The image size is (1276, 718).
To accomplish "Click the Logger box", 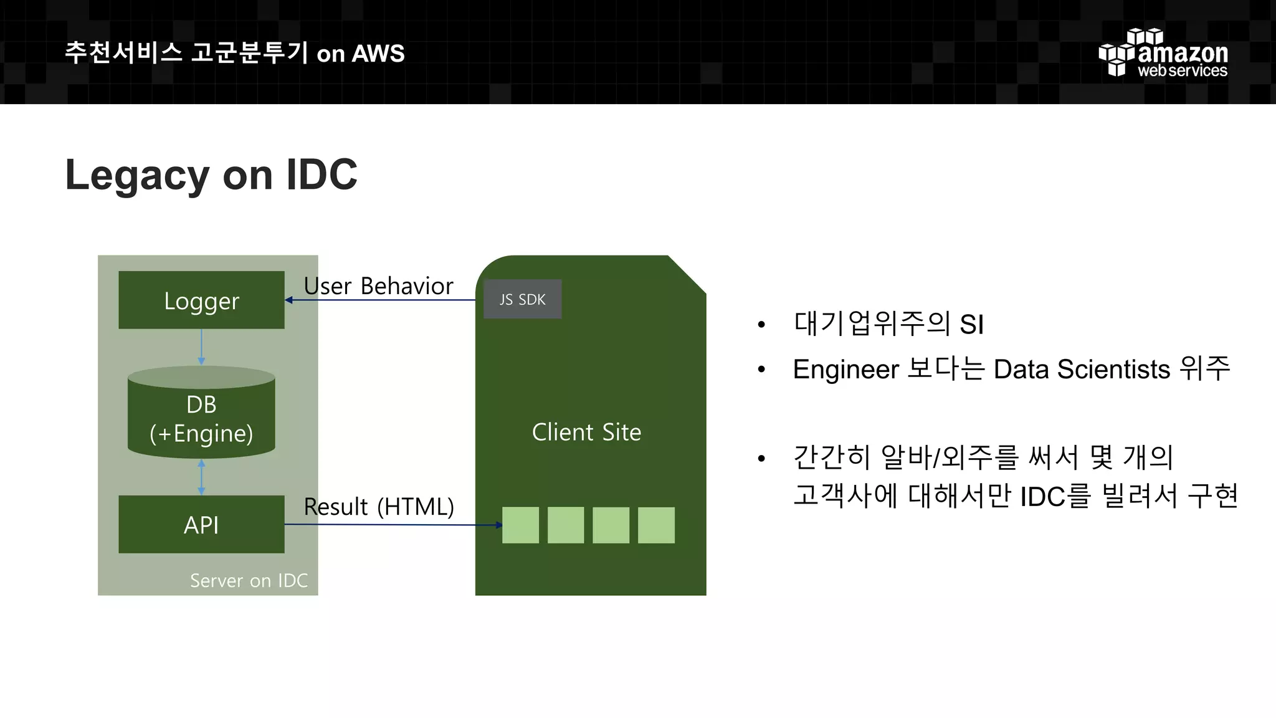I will pyautogui.click(x=201, y=300).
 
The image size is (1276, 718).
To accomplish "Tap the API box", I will pyautogui.click(x=201, y=524).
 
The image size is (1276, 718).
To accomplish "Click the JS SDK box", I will pyautogui.click(x=522, y=299).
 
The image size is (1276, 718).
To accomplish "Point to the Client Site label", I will pyautogui.click(x=586, y=432).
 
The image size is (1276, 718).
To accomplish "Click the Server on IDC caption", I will pyautogui.click(x=249, y=580).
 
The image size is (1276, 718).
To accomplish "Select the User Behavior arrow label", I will pyautogui.click(x=378, y=285).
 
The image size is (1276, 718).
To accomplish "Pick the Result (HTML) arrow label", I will pyautogui.click(x=379, y=506).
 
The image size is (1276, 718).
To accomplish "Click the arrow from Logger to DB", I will pyautogui.click(x=201, y=347).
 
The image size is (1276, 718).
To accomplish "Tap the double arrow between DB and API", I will pyautogui.click(x=201, y=477).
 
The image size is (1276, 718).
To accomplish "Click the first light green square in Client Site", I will pyautogui.click(x=520, y=525).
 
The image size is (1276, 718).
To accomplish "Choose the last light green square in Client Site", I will pyautogui.click(x=656, y=525).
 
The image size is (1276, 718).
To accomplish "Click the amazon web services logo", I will pyautogui.click(x=1163, y=54).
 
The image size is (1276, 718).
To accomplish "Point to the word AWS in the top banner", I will pyautogui.click(x=378, y=54).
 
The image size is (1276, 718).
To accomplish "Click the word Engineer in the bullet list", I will pyautogui.click(x=845, y=369).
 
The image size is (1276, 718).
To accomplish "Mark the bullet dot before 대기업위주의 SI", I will pyautogui.click(x=761, y=325).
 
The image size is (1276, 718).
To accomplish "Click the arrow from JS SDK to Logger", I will pyautogui.click(x=380, y=300).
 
